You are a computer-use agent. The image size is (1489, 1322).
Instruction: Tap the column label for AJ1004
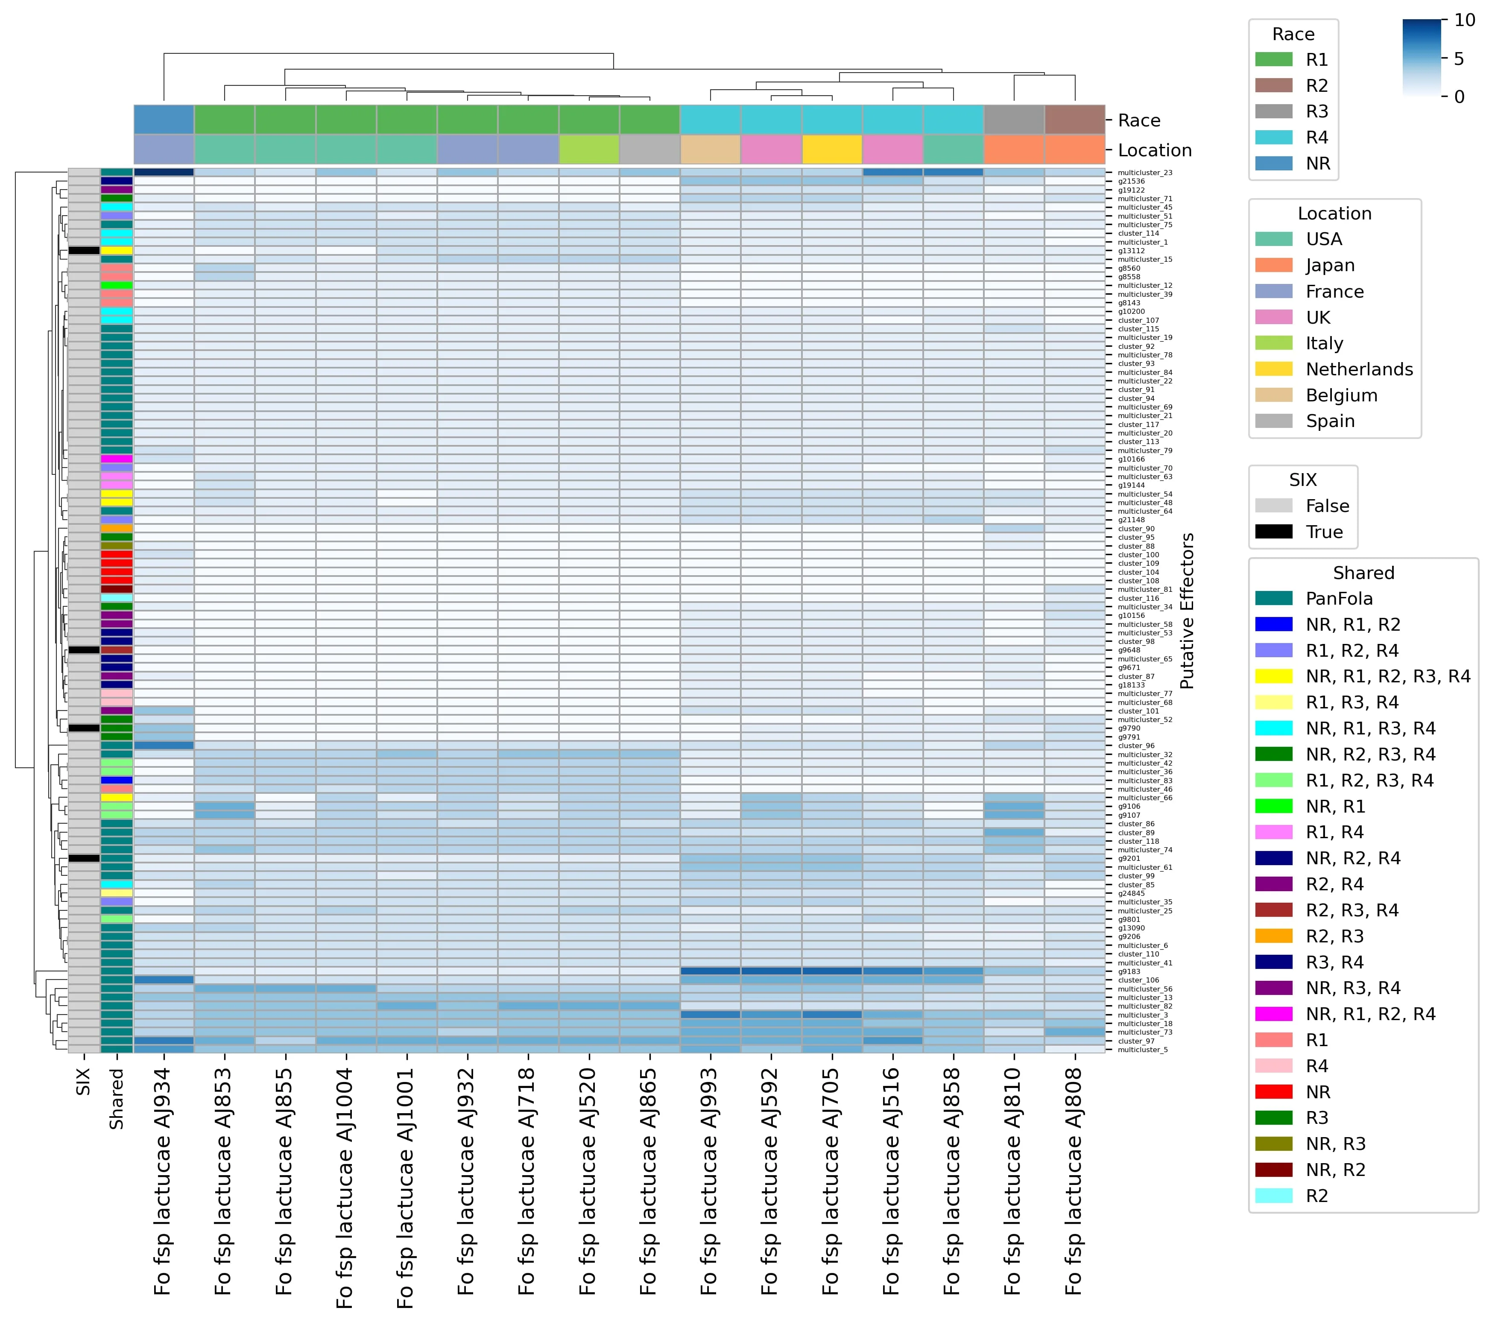(x=345, y=1187)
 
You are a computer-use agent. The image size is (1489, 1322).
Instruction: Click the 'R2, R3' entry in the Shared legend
(x=1334, y=936)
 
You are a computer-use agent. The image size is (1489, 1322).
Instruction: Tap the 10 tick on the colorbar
(x=1464, y=20)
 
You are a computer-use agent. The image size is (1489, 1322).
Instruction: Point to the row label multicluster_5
(x=1142, y=1050)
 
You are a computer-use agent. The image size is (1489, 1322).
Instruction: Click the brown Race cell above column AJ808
(x=1074, y=120)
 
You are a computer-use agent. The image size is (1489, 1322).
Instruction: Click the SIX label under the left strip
(x=83, y=1082)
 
